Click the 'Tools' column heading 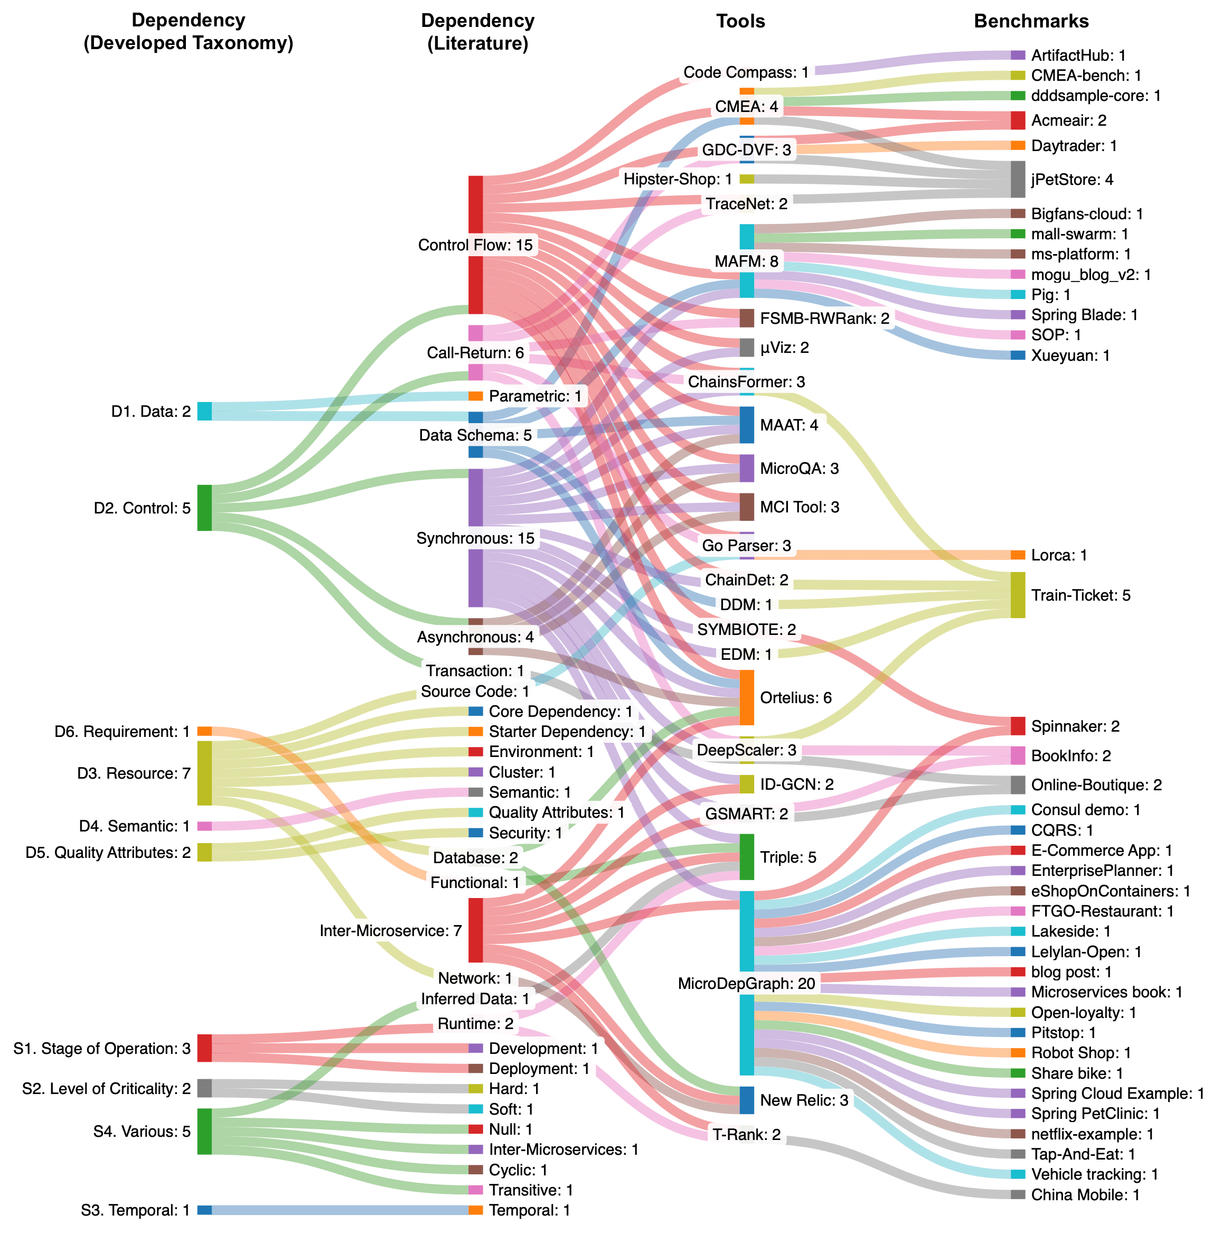(740, 21)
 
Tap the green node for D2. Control (204, 508)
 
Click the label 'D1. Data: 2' (151, 412)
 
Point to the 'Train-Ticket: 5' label (1080, 595)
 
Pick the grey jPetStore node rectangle (1018, 180)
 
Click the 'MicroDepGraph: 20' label (746, 983)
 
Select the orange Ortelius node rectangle (747, 697)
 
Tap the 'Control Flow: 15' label (475, 245)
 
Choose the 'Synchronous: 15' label (475, 538)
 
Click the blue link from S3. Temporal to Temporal (337, 1210)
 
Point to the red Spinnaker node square (1018, 726)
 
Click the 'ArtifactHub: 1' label (1078, 55)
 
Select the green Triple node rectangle (747, 857)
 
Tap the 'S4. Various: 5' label (142, 1132)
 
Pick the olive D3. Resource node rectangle (204, 773)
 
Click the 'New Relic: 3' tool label (803, 1100)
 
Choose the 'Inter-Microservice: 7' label (390, 931)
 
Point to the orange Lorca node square (1018, 555)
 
